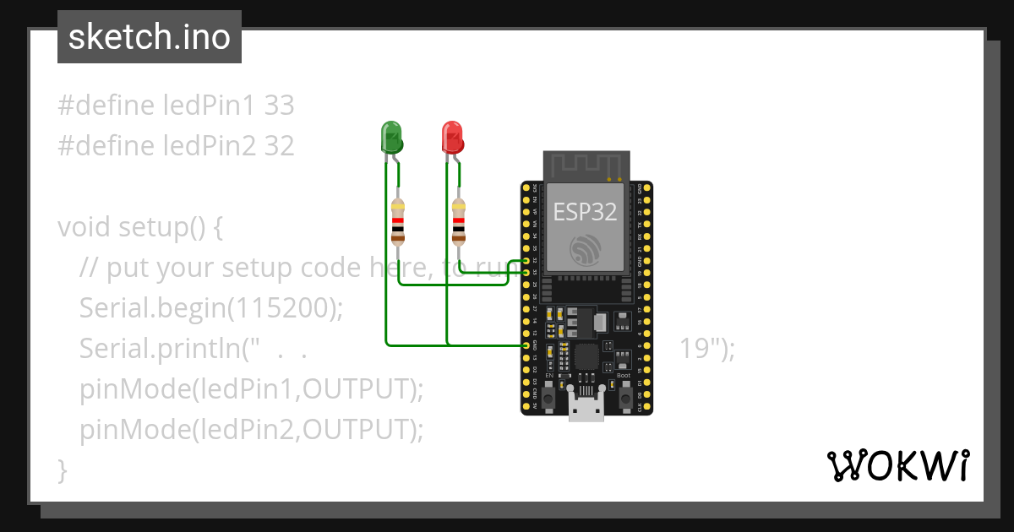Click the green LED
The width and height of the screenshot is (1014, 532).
[x=390, y=136]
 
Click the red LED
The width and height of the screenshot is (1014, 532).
[x=452, y=136]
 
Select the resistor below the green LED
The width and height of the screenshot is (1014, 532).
[x=398, y=220]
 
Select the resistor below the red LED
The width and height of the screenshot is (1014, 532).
[x=459, y=220]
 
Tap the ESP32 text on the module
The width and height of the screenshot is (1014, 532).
[x=585, y=211]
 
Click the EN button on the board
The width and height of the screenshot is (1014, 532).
[x=548, y=395]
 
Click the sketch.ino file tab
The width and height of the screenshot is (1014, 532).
[x=150, y=37]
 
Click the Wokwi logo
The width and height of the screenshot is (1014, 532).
[x=897, y=465]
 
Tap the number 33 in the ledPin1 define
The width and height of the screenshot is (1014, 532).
[x=279, y=106]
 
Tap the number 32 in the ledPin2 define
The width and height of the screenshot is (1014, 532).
[x=279, y=146]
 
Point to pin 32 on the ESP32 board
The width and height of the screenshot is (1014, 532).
[x=526, y=261]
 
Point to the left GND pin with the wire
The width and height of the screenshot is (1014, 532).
[x=526, y=345]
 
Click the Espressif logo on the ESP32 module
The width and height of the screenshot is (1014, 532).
[x=586, y=249]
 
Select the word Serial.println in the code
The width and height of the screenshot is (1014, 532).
[x=160, y=349]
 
